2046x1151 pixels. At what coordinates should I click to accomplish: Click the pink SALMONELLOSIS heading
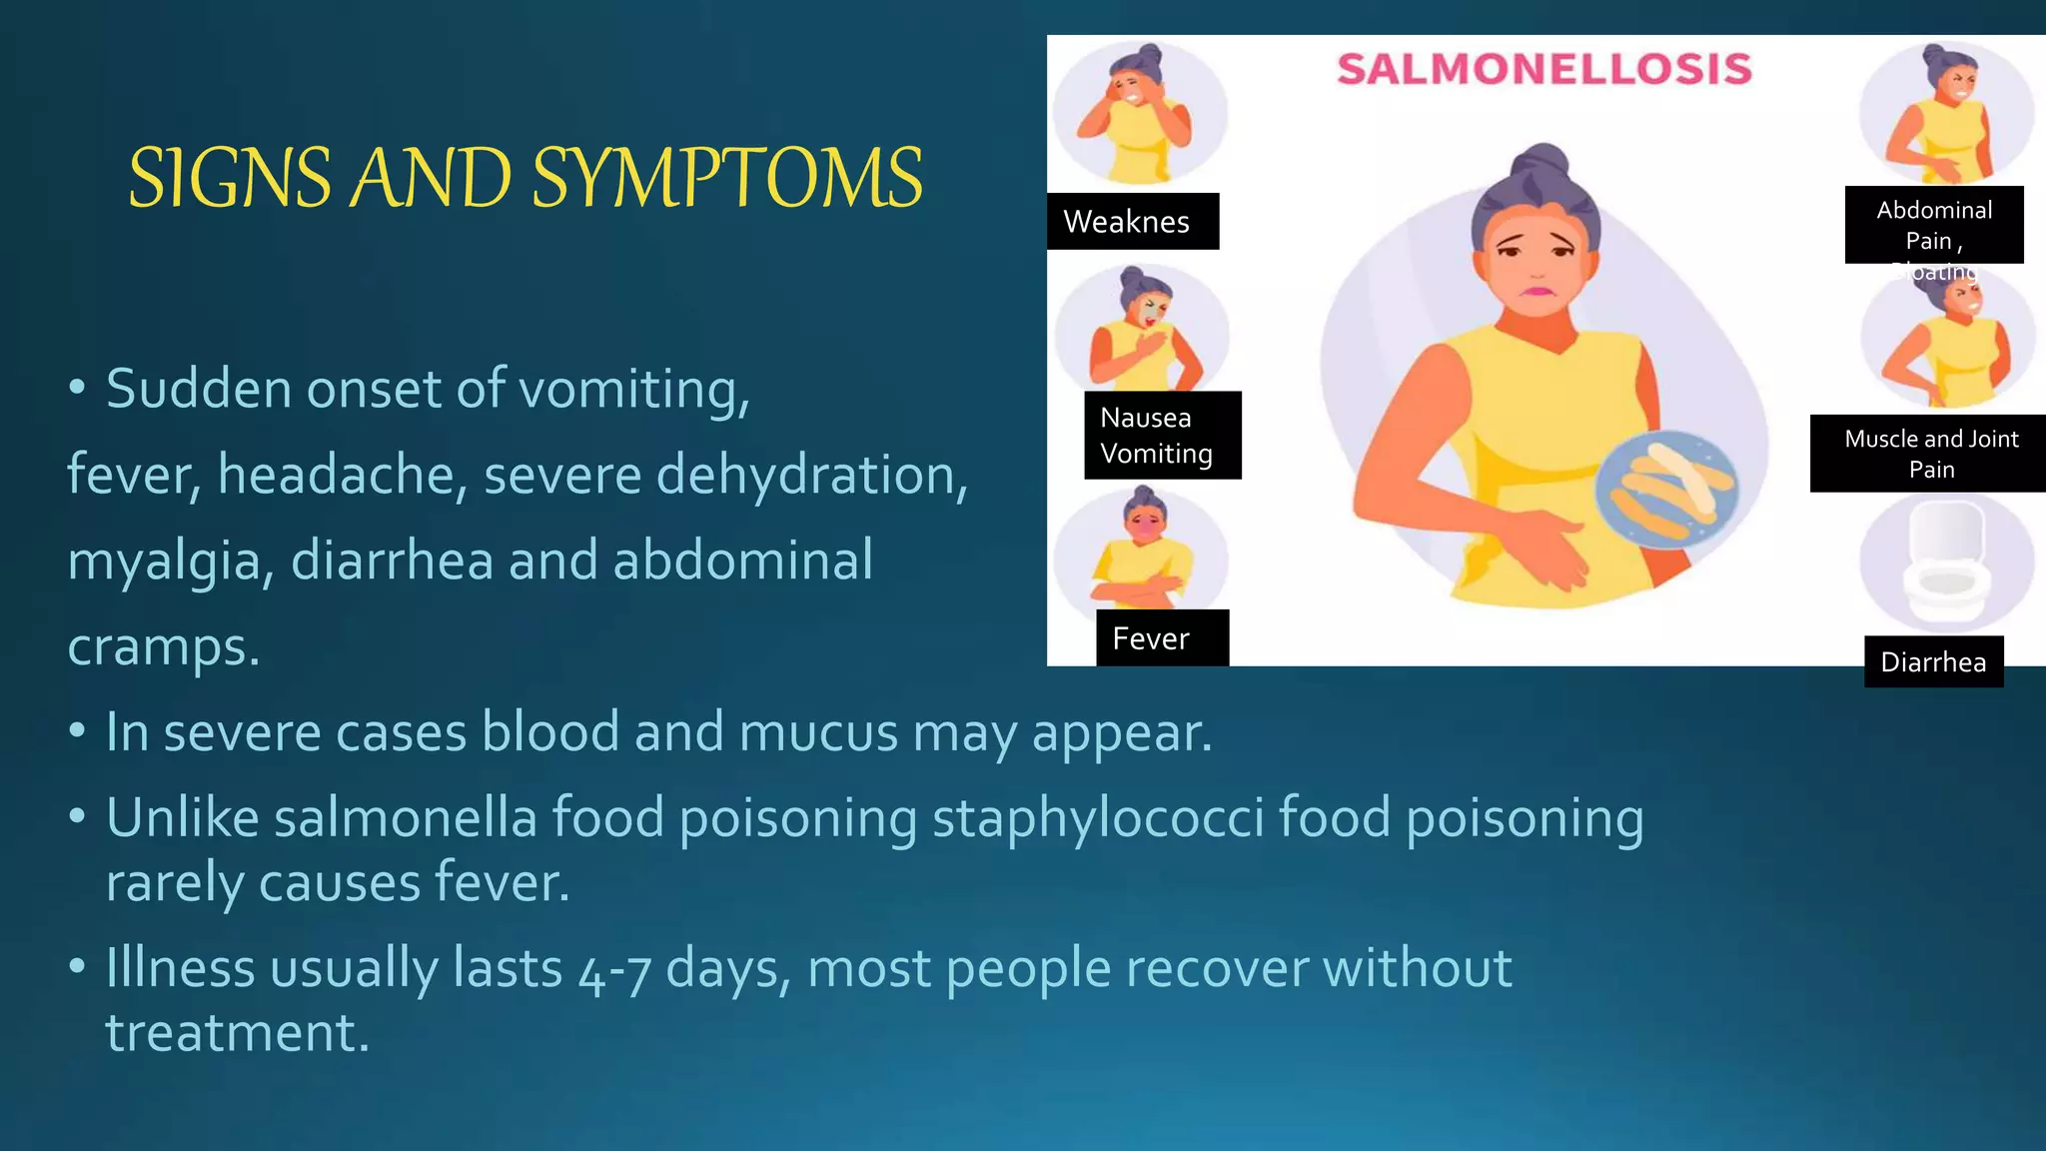coord(1544,70)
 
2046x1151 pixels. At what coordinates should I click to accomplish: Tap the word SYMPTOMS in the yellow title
coord(727,179)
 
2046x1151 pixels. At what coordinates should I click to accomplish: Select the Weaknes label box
coord(1132,222)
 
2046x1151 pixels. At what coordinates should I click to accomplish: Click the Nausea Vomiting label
coord(1162,436)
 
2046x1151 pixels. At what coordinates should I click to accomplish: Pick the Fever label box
coord(1162,638)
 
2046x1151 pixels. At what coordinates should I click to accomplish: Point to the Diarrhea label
coord(1933,661)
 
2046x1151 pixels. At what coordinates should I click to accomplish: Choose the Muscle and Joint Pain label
coord(1930,454)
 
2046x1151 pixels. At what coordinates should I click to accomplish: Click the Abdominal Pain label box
coord(1934,225)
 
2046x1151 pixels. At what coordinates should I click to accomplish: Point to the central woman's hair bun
coord(1541,165)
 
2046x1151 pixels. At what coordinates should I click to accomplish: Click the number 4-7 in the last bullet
coord(613,969)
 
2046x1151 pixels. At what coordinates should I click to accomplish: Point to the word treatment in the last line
coord(237,1033)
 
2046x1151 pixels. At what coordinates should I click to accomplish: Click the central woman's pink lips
coord(1536,292)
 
